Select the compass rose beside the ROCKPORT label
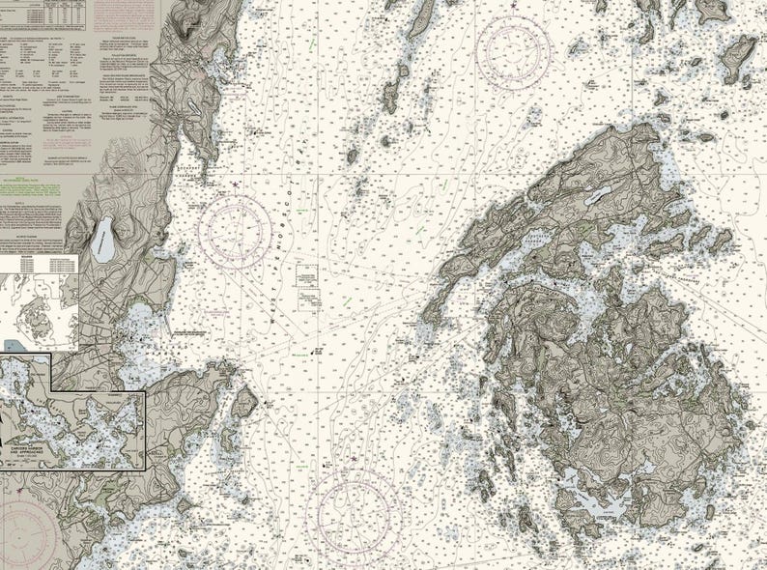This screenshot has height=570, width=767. (x=235, y=232)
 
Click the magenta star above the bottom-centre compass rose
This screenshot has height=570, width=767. (x=354, y=457)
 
